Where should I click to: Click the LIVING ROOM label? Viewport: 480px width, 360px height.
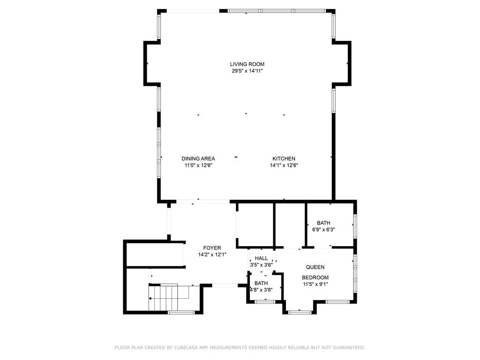[247, 64]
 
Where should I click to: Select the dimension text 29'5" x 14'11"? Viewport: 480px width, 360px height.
[247, 71]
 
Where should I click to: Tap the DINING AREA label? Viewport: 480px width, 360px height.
[198, 158]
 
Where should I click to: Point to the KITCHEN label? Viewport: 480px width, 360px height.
[284, 158]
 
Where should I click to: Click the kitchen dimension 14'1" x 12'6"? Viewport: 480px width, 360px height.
[284, 165]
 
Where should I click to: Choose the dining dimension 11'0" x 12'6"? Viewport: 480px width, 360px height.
[198, 165]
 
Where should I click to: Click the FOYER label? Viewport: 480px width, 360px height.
[212, 248]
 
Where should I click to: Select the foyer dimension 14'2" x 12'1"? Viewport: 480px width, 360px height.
[212, 255]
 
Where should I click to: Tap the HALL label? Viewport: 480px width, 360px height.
[261, 258]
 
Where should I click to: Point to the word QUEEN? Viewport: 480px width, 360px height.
[315, 267]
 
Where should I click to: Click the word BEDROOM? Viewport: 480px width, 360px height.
[315, 277]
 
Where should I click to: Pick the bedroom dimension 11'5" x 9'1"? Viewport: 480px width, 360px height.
[315, 284]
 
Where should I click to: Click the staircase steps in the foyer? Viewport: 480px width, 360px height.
[164, 298]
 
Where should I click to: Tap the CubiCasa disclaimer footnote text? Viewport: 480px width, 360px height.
[240, 348]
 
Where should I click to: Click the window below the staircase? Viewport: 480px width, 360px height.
[181, 313]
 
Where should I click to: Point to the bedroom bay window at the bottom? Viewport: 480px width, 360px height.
[300, 312]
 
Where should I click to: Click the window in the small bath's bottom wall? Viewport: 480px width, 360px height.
[265, 302]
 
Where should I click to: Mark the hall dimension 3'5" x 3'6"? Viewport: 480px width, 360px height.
[261, 265]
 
